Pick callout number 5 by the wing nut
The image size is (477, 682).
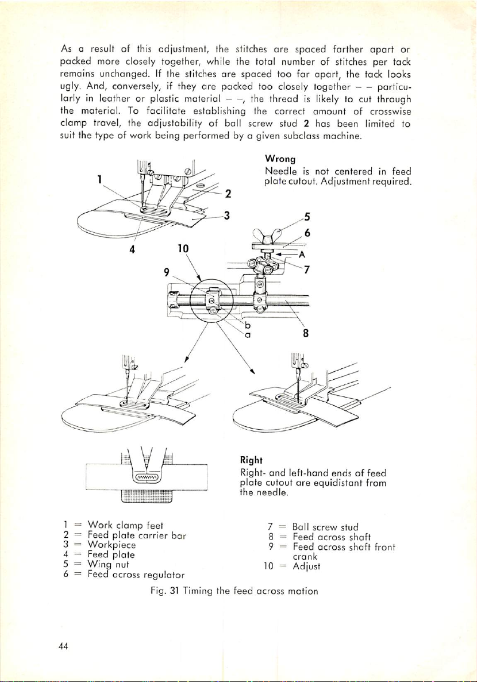[307, 217]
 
